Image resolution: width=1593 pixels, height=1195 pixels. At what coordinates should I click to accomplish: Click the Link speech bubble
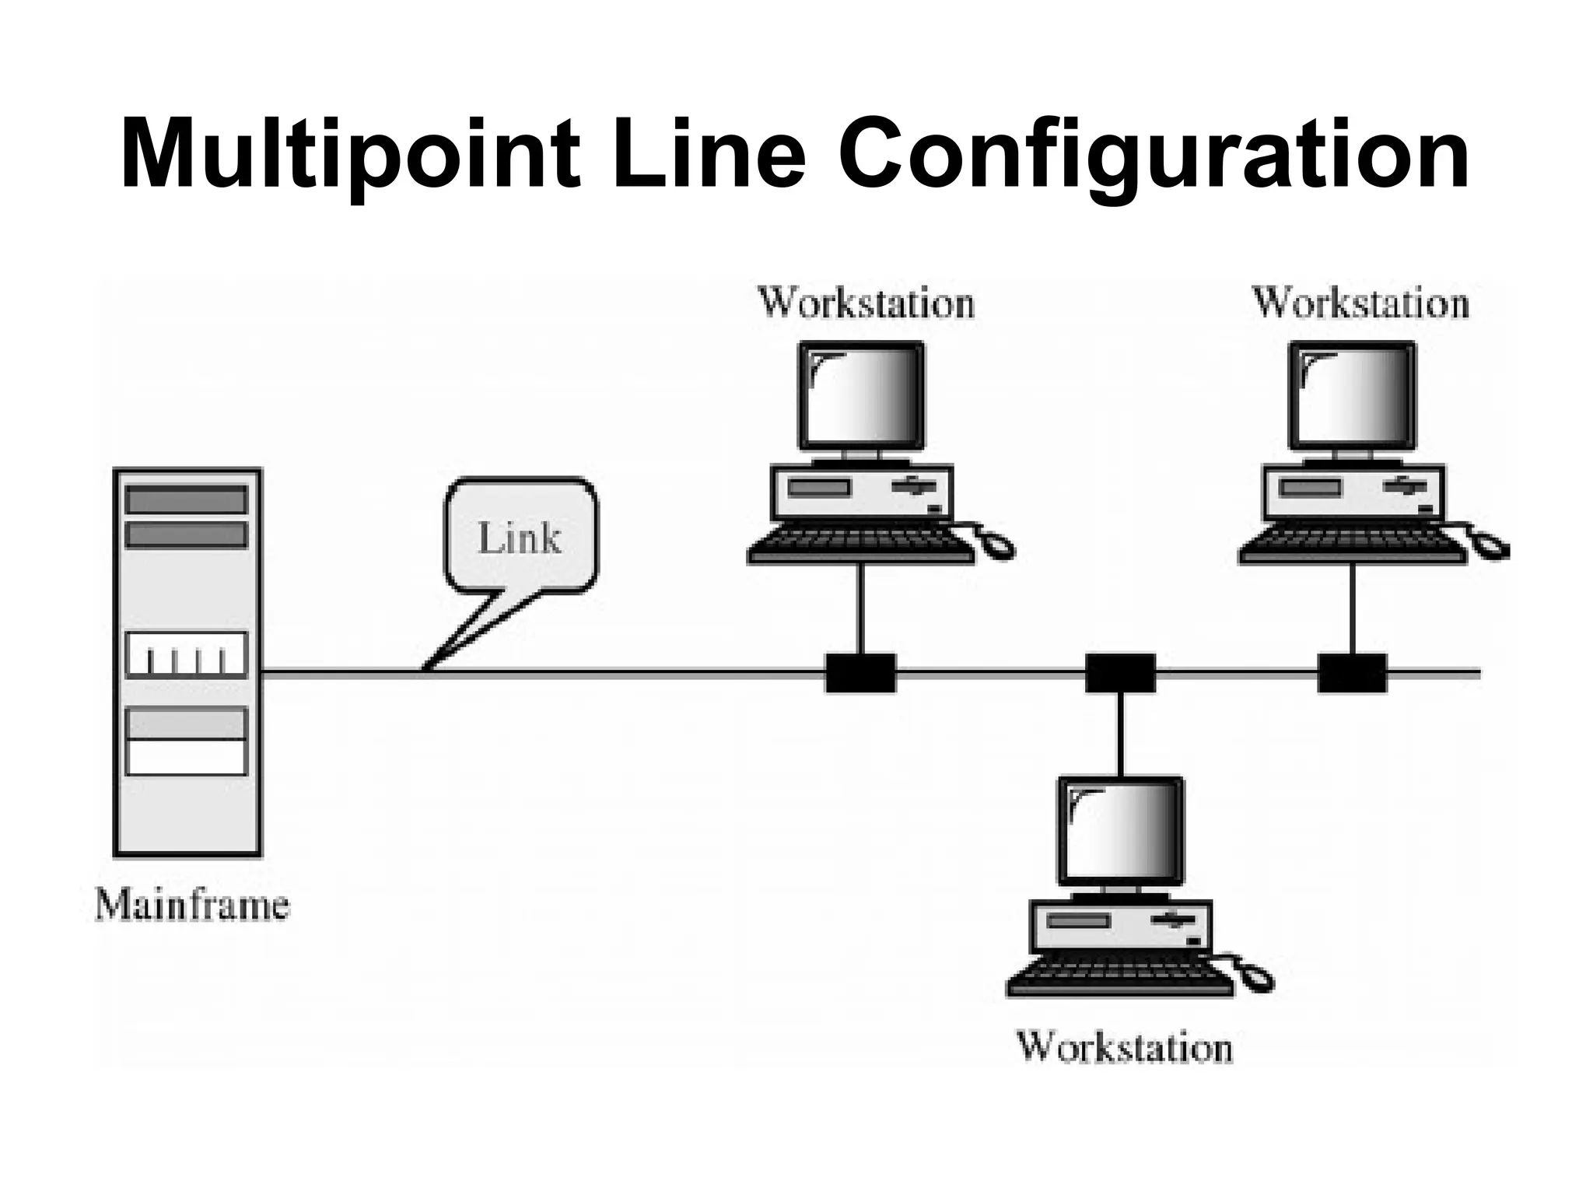520,538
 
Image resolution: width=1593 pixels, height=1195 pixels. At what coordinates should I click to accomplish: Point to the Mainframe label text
192,906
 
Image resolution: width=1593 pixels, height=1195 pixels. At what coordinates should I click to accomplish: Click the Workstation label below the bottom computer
1125,1046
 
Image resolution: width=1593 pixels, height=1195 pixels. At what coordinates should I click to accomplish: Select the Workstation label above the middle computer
866,303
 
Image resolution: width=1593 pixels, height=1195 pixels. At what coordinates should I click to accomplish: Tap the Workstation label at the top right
1360,303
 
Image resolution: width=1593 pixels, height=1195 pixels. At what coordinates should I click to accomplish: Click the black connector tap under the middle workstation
860,673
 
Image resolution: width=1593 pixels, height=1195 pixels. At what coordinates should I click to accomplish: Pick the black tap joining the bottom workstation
1120,673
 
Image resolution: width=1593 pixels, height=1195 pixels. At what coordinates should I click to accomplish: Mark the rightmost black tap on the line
1352,673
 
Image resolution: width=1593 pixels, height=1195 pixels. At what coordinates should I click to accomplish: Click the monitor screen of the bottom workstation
1120,830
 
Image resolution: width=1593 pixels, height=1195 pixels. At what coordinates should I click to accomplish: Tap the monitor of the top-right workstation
1352,395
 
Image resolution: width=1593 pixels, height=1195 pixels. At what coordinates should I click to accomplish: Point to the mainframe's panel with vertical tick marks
187,654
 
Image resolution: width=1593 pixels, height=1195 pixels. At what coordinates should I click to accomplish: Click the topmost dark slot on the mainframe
187,499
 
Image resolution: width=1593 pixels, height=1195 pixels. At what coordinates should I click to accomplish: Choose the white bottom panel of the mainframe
187,757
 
